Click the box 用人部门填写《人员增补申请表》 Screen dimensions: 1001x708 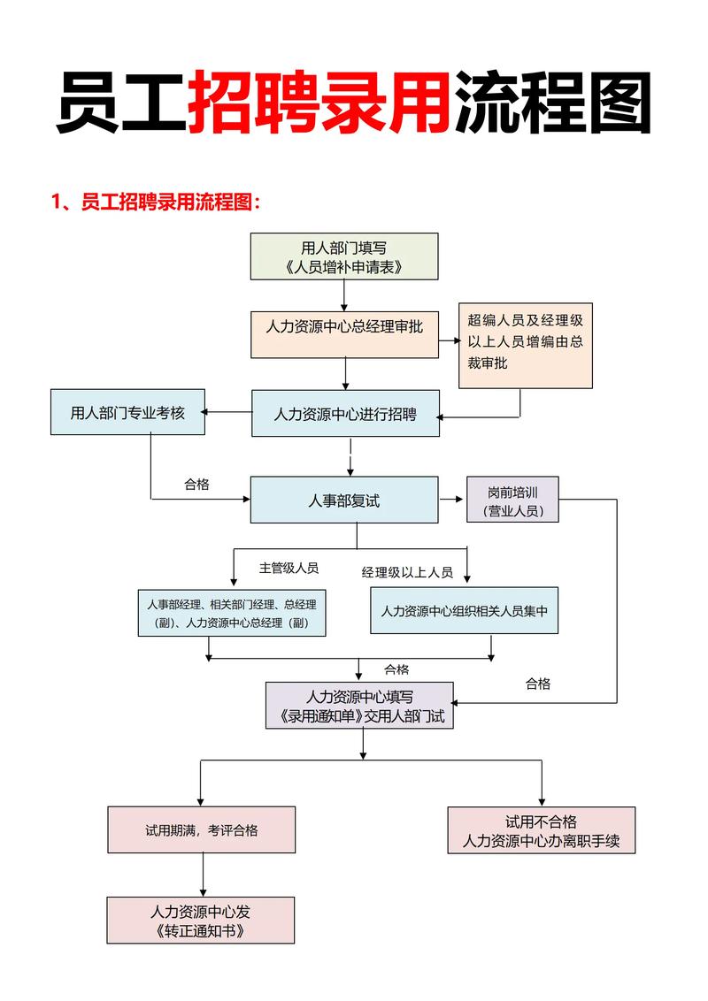coord(344,256)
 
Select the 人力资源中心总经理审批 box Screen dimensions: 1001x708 coord(344,334)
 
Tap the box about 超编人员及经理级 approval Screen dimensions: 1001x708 coord(525,345)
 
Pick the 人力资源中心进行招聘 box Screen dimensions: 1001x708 coord(344,413)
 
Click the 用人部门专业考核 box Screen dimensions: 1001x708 coord(127,412)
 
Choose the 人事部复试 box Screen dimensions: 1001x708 coord(344,500)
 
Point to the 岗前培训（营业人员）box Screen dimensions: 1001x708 coord(512,500)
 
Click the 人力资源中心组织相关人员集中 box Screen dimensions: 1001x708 coord(464,610)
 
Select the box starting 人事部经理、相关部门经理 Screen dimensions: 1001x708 coord(231,613)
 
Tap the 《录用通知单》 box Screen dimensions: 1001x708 coord(359,706)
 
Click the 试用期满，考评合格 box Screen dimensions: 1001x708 coord(202,829)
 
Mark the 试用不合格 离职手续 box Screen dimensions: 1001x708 coord(541,830)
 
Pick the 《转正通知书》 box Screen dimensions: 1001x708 coord(200,920)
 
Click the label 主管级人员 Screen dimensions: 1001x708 coord(289,568)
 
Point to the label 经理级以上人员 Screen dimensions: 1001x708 coord(407,572)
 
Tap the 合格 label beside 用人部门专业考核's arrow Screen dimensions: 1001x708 coord(196,484)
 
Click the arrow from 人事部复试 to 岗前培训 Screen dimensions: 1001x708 coord(452,500)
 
